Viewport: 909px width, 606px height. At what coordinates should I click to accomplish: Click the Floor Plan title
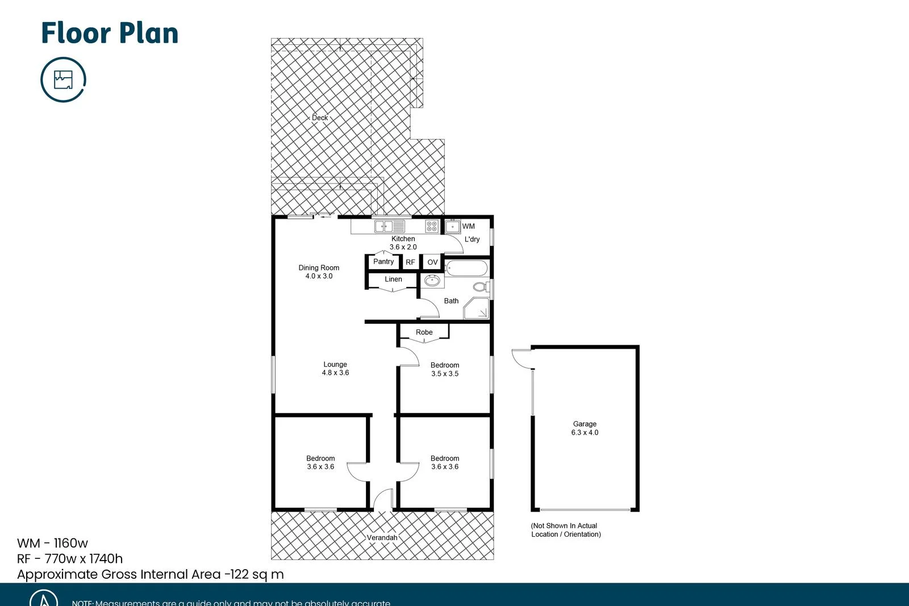click(110, 33)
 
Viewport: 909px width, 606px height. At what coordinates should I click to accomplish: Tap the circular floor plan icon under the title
click(63, 80)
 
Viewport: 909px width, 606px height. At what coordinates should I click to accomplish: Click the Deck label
click(320, 118)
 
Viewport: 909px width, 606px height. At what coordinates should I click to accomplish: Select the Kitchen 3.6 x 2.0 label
click(403, 243)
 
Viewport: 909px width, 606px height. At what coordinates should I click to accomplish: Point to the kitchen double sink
click(389, 227)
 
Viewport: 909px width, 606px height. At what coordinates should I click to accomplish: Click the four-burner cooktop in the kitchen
click(432, 227)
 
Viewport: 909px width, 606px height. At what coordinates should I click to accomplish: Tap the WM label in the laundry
click(468, 226)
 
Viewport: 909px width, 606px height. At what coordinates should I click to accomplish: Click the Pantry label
click(383, 262)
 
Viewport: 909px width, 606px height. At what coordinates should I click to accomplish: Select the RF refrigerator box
click(410, 262)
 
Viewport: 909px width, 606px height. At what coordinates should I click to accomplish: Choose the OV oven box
click(432, 262)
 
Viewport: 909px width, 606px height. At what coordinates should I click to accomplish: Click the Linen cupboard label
click(393, 279)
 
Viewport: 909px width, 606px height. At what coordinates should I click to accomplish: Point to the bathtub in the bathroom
click(466, 268)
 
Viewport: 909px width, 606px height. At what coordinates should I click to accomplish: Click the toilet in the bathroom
click(481, 287)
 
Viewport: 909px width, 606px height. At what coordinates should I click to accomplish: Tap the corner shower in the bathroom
click(477, 308)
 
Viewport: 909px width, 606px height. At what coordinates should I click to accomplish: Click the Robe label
click(424, 332)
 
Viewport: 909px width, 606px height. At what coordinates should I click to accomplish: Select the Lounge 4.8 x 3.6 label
click(335, 369)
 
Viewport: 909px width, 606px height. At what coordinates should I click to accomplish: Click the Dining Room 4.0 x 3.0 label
click(319, 272)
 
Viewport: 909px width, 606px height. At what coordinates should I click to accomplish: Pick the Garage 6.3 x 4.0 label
click(585, 428)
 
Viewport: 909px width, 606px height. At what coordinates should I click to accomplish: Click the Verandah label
click(382, 538)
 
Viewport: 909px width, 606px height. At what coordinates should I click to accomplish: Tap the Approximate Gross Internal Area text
click(151, 574)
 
